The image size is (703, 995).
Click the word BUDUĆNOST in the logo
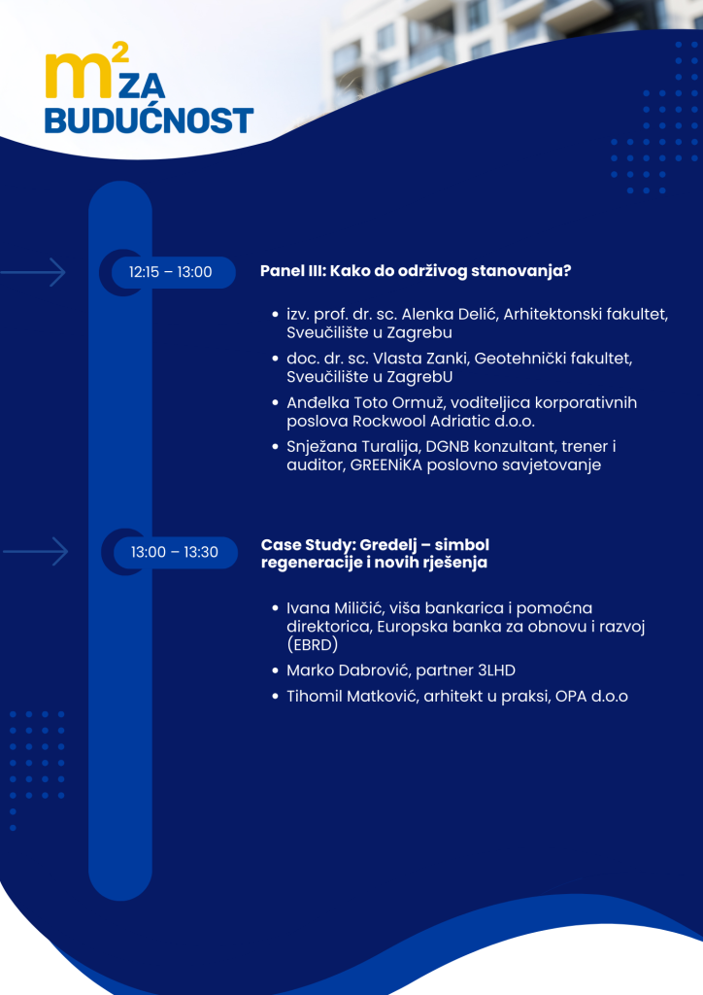click(x=149, y=120)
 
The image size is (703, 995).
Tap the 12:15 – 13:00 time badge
click(x=171, y=272)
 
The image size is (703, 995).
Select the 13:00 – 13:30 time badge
click(x=175, y=552)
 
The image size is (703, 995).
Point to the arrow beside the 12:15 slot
click(x=33, y=273)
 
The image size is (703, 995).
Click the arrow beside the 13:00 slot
click(x=36, y=552)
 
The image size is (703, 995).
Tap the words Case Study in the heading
click(x=307, y=545)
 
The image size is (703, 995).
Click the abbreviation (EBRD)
click(x=313, y=645)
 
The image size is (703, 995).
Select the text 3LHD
click(x=494, y=670)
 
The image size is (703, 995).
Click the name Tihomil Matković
click(x=351, y=697)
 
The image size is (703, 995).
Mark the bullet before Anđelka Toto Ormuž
click(x=275, y=403)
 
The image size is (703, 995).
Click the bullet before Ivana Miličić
click(x=275, y=608)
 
